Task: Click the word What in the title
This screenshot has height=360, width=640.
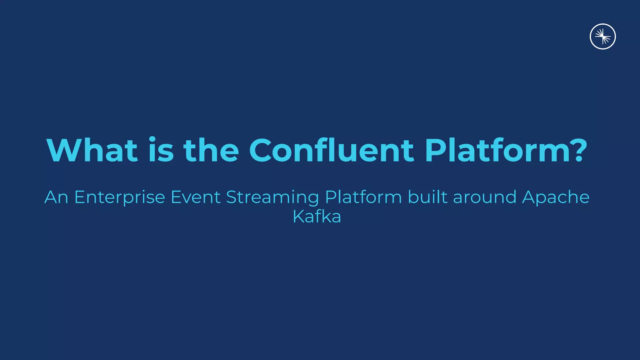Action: coord(92,151)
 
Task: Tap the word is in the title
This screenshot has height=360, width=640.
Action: coord(161,151)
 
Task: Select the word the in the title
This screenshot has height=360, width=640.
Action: coord(211,151)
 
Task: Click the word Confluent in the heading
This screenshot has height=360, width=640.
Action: coord(331,151)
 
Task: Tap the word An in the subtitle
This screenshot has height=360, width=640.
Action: coord(56,197)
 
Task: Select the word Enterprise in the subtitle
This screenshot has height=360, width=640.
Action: coord(120,197)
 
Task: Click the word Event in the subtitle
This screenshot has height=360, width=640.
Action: coord(196,197)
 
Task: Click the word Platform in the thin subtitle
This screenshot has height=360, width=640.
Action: coord(363,197)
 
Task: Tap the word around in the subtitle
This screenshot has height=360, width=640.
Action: coord(484,197)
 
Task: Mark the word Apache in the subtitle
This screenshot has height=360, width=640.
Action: coord(556,197)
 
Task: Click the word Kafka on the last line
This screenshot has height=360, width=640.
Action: coord(317,216)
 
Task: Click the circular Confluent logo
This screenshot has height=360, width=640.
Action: coord(602,37)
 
